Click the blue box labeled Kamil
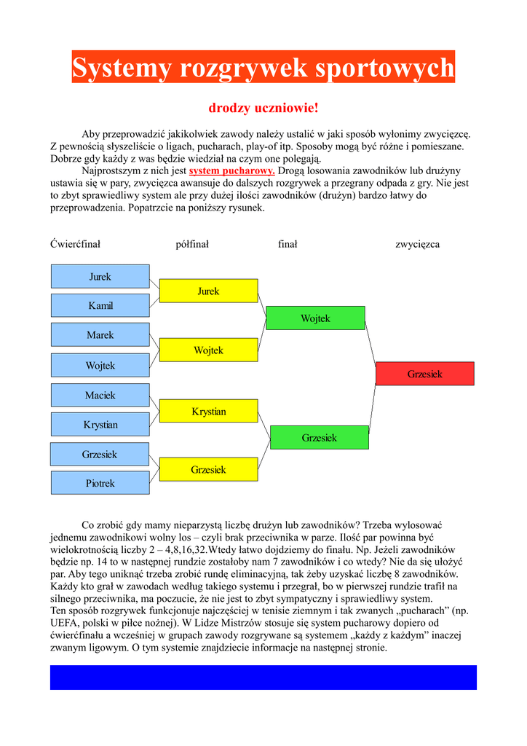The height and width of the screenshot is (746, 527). tap(100, 306)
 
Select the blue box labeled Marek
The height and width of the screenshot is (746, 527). tap(100, 335)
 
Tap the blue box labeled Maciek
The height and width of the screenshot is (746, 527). tap(100, 396)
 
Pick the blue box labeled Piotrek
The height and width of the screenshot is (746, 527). tap(100, 483)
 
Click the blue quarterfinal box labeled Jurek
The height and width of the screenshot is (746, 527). tap(100, 277)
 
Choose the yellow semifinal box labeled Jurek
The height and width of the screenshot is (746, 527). tap(208, 291)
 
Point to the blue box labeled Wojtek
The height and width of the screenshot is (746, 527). tap(100, 366)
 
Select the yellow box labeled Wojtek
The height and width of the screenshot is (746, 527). tap(208, 350)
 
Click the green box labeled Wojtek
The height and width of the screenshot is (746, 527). tap(315, 318)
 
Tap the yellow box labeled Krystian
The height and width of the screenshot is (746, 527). tap(208, 412)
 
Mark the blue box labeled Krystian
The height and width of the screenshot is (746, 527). tap(100, 425)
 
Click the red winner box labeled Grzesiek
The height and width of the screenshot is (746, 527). tap(424, 374)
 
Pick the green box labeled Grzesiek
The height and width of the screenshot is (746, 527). tap(319, 438)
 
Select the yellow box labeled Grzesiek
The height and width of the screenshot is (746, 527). tap(208, 470)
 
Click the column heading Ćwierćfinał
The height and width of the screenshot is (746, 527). tap(75, 244)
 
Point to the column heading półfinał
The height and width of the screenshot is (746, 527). tap(192, 244)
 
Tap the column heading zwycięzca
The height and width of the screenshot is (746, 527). tap(417, 244)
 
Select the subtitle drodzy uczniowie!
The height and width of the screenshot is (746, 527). tap(263, 109)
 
